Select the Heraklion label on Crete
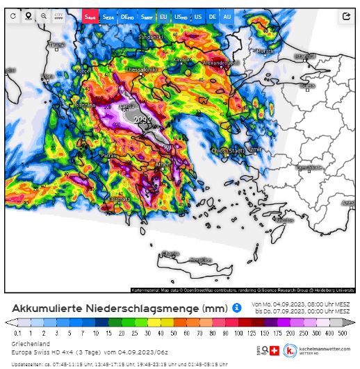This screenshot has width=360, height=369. (x=200, y=259)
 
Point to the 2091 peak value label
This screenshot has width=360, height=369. (x=142, y=120)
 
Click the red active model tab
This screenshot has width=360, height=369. (x=90, y=15)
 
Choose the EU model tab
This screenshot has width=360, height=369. (x=163, y=15)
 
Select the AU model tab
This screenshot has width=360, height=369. (x=227, y=15)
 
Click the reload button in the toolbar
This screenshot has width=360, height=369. (x=13, y=15)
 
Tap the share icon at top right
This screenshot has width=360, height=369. (x=345, y=15)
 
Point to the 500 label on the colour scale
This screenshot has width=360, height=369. (x=342, y=333)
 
